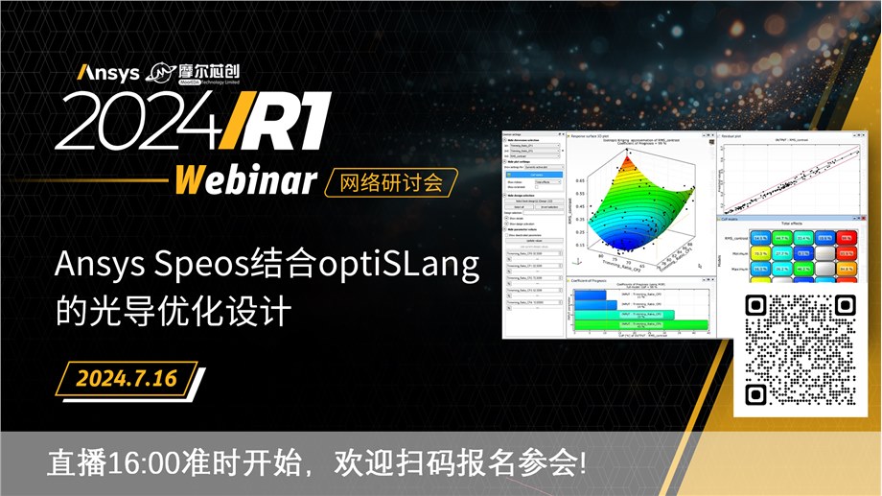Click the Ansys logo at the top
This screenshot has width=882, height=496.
108,73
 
